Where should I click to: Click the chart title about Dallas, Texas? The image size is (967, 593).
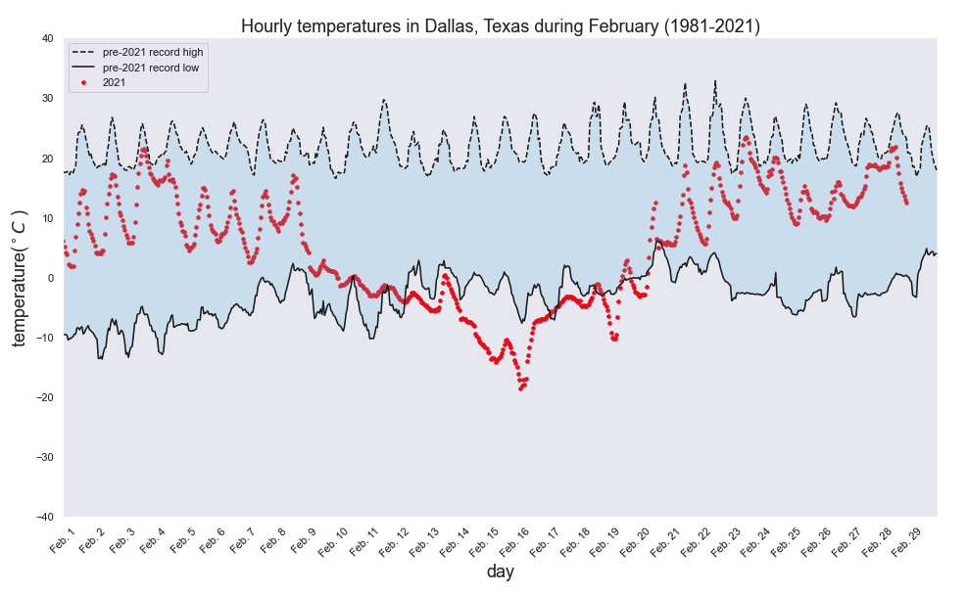pyautogui.click(x=500, y=26)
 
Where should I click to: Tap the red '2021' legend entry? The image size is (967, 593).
pyautogui.click(x=114, y=82)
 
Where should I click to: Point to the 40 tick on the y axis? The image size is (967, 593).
pyautogui.click(x=47, y=39)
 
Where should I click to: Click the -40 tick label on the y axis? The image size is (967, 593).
pyautogui.click(x=44, y=517)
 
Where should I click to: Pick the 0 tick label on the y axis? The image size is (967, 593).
pyautogui.click(x=50, y=278)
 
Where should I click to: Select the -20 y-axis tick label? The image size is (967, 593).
pyautogui.click(x=44, y=397)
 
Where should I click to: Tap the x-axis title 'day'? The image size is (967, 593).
pyautogui.click(x=500, y=571)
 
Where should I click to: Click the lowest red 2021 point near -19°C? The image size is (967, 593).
pyautogui.click(x=521, y=388)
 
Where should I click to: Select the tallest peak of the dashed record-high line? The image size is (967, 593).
pyautogui.click(x=715, y=81)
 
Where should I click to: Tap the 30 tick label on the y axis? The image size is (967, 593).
pyautogui.click(x=47, y=99)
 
